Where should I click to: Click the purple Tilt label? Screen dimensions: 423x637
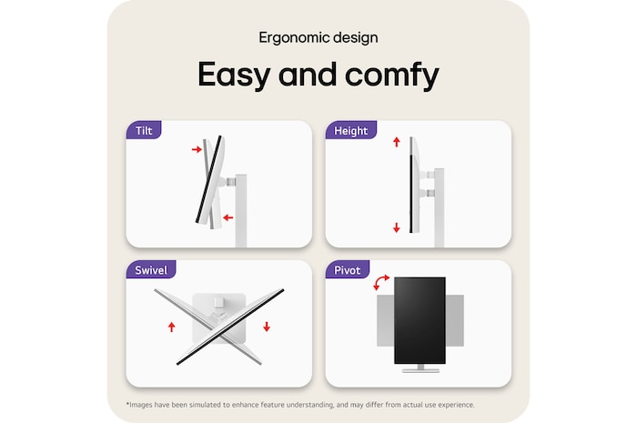(x=143, y=131)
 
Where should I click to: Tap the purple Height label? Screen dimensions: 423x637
(x=350, y=131)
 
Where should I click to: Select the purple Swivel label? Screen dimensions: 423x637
(x=151, y=270)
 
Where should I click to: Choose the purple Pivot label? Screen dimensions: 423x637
(x=348, y=270)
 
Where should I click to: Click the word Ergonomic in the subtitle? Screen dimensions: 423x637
(x=289, y=38)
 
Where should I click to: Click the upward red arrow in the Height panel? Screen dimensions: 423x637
(x=397, y=143)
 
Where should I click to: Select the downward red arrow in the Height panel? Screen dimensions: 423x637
(x=397, y=227)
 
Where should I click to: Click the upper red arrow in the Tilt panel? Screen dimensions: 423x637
(x=198, y=146)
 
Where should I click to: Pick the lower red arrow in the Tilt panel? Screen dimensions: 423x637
(x=227, y=217)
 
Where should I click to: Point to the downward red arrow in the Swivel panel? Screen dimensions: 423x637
(x=266, y=326)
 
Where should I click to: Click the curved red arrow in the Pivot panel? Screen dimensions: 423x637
(x=382, y=283)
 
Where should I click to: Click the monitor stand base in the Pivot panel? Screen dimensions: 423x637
(x=420, y=369)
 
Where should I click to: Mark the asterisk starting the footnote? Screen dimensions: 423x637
(x=127, y=405)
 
